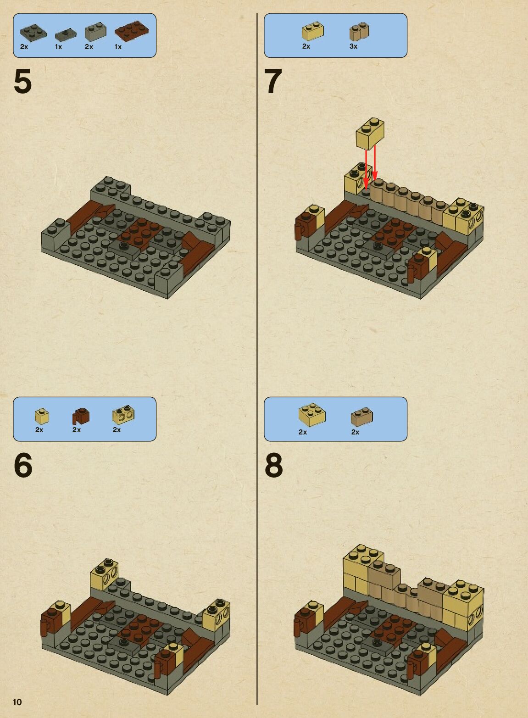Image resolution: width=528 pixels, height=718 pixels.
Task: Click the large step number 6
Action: point(23,465)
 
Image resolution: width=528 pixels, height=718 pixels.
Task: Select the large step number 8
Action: point(274,465)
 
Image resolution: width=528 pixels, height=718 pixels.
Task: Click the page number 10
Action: point(17,702)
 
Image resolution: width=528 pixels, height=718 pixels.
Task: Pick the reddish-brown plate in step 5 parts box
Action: point(132,31)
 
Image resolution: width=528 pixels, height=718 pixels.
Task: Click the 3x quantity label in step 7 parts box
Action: point(353,46)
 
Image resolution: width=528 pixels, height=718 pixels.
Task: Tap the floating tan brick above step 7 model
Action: point(370,134)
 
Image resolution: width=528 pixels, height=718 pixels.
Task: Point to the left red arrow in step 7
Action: point(367,171)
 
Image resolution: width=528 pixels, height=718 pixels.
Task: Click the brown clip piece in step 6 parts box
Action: point(81,417)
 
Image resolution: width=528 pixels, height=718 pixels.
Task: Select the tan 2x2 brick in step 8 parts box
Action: point(312,415)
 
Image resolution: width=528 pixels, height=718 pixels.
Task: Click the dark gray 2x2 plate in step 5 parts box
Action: point(33,33)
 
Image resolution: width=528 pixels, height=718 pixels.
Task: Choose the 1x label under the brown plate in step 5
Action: point(118,47)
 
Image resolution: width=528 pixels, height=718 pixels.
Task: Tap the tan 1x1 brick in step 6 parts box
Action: point(42,416)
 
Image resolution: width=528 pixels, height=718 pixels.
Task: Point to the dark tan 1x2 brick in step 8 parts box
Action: point(361,417)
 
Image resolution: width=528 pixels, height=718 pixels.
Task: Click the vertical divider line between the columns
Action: point(257,359)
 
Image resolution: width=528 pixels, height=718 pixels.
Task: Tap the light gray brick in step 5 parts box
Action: point(95,31)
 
